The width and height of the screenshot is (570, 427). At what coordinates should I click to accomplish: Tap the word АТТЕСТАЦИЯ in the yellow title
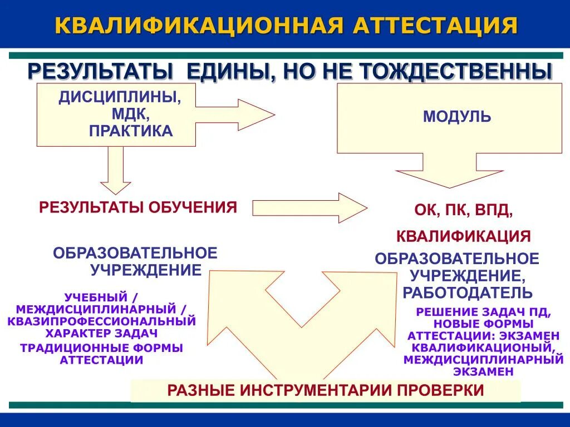435,26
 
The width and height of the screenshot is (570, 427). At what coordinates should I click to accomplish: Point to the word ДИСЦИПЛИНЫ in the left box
120,98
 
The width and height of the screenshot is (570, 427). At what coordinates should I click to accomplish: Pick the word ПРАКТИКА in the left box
131,131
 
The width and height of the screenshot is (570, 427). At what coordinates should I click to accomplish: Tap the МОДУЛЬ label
457,117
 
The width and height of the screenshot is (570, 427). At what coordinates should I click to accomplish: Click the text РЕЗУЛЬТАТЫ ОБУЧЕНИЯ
138,207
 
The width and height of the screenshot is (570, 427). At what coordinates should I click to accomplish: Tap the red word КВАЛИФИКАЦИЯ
463,236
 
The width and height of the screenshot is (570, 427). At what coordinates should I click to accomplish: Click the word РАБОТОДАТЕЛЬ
468,292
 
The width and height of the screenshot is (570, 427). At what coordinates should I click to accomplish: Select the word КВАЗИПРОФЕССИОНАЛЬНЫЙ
101,321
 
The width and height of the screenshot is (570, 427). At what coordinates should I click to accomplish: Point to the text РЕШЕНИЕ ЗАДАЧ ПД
483,312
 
